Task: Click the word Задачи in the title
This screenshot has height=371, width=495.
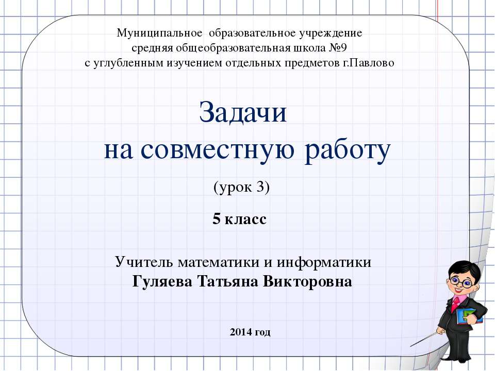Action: tap(242, 113)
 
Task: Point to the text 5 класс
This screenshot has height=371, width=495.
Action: tap(239, 220)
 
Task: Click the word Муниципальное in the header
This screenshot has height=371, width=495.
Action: tap(159, 33)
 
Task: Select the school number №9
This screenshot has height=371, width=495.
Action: tap(344, 48)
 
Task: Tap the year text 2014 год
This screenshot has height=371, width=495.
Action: tap(250, 332)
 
